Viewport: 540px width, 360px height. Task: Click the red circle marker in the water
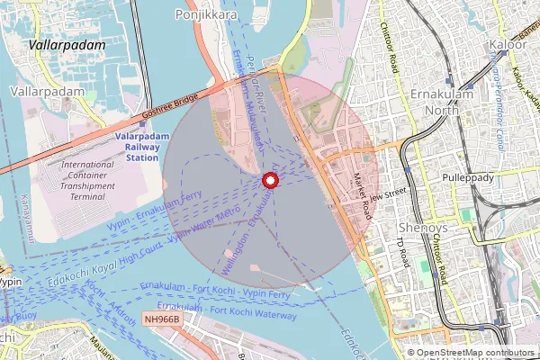click(x=268, y=180)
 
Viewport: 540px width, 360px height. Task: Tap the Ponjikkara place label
click(x=207, y=14)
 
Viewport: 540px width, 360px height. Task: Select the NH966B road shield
click(x=163, y=319)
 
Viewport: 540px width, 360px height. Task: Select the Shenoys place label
click(x=420, y=226)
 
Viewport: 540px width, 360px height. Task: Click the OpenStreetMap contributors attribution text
click(x=476, y=353)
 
